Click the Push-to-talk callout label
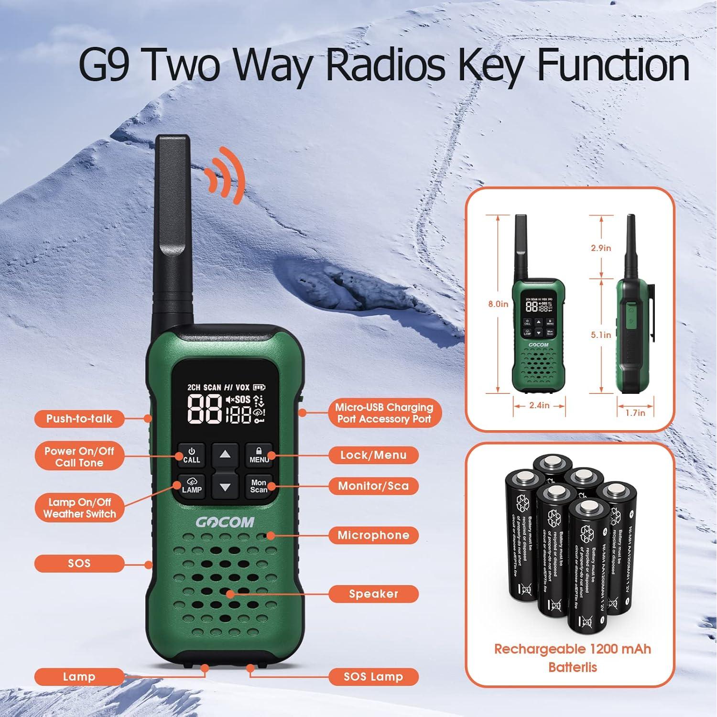pyautogui.click(x=79, y=419)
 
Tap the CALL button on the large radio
pyautogui.click(x=192, y=455)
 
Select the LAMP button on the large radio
pyautogui.click(x=192, y=486)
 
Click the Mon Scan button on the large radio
pyautogui.click(x=259, y=486)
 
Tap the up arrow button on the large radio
pyautogui.click(x=225, y=454)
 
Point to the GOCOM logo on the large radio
pyautogui.click(x=225, y=522)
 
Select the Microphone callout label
pyautogui.click(x=373, y=535)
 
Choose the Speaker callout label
pyautogui.click(x=373, y=594)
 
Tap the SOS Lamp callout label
pyautogui.click(x=373, y=677)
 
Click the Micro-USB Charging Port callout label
pyautogui.click(x=384, y=413)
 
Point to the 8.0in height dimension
pyautogui.click(x=498, y=304)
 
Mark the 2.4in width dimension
pyautogui.click(x=539, y=405)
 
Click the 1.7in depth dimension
pyautogui.click(x=635, y=413)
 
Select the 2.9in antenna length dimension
pyautogui.click(x=601, y=248)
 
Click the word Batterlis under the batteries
pyautogui.click(x=573, y=667)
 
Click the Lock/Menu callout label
pyautogui.click(x=373, y=455)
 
